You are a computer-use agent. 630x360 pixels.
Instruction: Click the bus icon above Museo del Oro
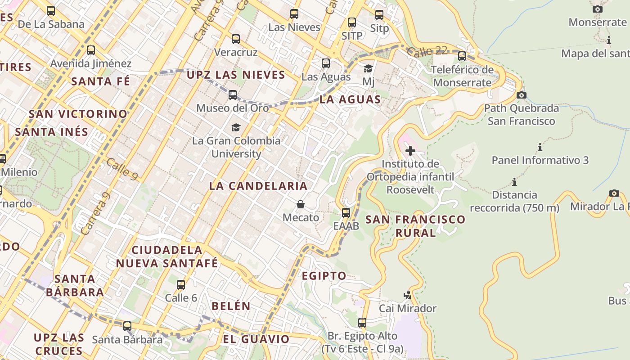coord(233,95)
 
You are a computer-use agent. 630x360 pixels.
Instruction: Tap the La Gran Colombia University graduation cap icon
coord(236,128)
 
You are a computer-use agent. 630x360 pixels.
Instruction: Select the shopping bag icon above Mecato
coord(301,205)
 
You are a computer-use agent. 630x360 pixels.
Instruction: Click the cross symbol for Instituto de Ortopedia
coord(410,151)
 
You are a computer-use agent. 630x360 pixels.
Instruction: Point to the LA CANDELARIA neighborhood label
coord(258,186)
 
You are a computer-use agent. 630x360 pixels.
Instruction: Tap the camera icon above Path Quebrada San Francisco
coord(522,95)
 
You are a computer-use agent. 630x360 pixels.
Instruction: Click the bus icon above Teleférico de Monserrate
coord(462,56)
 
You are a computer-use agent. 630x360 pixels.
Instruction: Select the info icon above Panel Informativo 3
coord(540,147)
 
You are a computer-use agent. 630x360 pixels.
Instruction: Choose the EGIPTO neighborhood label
coord(324,276)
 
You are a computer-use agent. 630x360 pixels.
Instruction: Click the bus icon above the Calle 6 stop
coord(181,285)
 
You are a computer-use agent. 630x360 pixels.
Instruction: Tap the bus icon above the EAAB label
coord(346,213)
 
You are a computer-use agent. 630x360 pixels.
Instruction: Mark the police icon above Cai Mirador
coord(408,295)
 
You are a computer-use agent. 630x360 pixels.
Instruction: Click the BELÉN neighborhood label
coord(231,306)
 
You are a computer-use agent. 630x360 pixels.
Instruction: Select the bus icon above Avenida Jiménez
coord(91,50)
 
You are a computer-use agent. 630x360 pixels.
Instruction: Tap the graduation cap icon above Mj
coord(368,69)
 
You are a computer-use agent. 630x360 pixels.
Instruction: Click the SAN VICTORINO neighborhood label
coord(78,114)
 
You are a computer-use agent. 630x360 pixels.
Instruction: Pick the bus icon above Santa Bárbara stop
coord(127,326)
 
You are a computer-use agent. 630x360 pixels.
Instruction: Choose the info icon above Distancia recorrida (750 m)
coord(514,182)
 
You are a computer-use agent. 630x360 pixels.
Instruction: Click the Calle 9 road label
coord(122,168)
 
